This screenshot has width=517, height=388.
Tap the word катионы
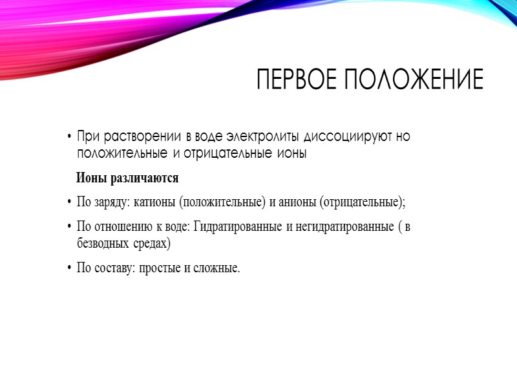pyautogui.click(x=155, y=202)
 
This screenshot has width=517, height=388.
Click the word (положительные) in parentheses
pyautogui.click(x=222, y=202)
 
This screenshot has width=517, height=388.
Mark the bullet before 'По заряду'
pyautogui.click(x=69, y=202)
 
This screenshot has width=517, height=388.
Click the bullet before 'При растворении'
pyautogui.click(x=69, y=138)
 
